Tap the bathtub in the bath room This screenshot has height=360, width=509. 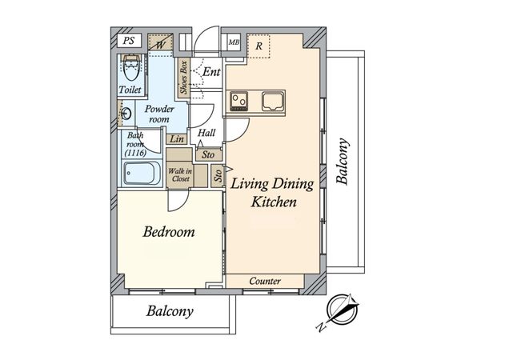tap(142, 174)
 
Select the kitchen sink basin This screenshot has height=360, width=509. tap(273, 101)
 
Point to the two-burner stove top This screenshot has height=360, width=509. tap(238, 100)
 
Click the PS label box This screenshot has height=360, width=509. tap(129, 41)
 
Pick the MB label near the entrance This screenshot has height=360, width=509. tap(234, 42)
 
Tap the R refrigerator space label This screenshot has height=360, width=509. tap(259, 46)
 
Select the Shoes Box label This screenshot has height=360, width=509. tap(184, 78)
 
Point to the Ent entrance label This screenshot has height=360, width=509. tap(211, 72)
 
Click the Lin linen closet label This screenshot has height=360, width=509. tap(177, 139)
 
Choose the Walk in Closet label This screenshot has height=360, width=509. tap(180, 174)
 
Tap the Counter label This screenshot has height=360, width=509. tap(265, 281)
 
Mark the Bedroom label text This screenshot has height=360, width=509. tap(169, 232)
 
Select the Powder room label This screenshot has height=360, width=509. tap(159, 114)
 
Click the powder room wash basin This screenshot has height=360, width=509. tap(126, 114)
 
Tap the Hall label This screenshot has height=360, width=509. tap(206, 133)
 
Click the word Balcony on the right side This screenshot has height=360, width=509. tap(343, 162)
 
